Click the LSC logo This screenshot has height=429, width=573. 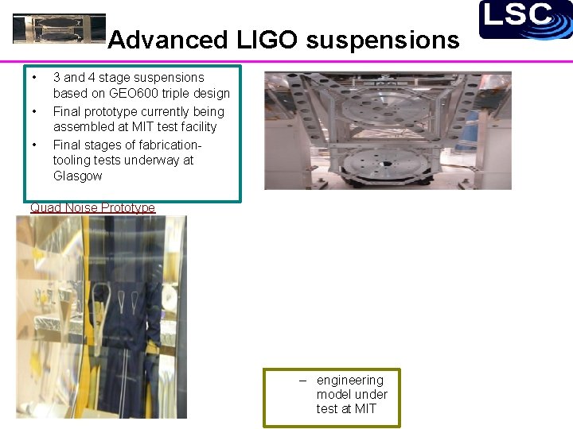[525, 19]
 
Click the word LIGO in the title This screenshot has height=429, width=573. [256, 40]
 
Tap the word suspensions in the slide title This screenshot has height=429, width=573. [384, 40]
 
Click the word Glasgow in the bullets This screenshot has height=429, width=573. [77, 176]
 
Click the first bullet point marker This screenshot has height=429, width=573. [34, 78]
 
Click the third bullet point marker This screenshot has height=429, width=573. [34, 145]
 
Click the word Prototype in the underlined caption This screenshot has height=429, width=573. [127, 208]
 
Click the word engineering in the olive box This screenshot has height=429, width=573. [349, 381]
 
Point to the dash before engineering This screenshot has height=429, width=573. [302, 381]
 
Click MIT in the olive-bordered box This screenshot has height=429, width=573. [365, 409]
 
